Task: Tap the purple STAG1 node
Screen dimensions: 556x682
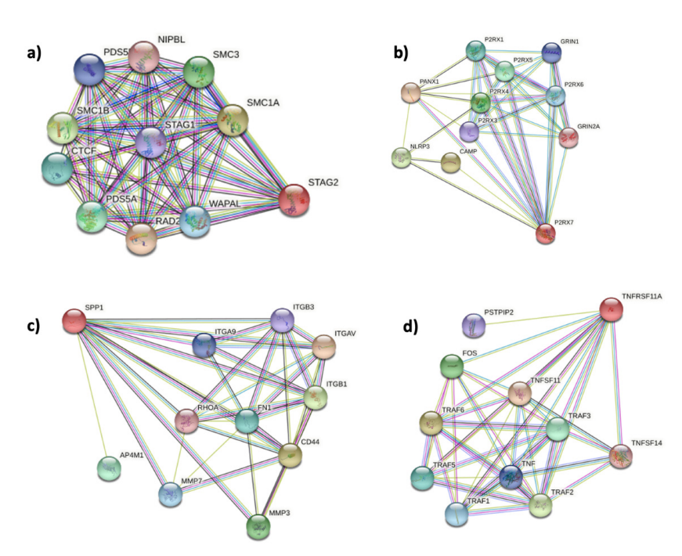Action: pyautogui.click(x=151, y=143)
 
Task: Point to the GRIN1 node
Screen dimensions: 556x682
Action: pyautogui.click(x=552, y=52)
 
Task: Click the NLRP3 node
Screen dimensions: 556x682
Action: pyautogui.click(x=401, y=157)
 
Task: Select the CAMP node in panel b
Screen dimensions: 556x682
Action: pyautogui.click(x=450, y=163)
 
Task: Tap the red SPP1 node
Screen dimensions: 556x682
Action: pyautogui.click(x=74, y=320)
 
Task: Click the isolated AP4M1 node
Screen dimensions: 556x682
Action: pyautogui.click(x=109, y=468)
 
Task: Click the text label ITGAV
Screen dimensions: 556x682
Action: pyautogui.click(x=345, y=334)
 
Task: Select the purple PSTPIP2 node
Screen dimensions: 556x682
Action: pyautogui.click(x=473, y=325)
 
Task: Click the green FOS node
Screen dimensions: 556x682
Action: pyautogui.click(x=452, y=366)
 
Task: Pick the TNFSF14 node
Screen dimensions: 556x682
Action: pyautogui.click(x=620, y=455)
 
